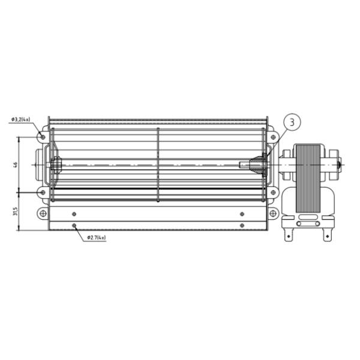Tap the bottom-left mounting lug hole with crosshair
click(x=42, y=213)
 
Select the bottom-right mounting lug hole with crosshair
click(x=274, y=213)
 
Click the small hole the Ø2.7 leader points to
click(x=74, y=226)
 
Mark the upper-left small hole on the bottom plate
click(x=74, y=213)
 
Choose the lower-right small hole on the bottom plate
click(x=242, y=226)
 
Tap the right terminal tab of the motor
click(x=328, y=231)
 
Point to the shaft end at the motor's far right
click(x=340, y=163)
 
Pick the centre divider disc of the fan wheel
click(x=158, y=164)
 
